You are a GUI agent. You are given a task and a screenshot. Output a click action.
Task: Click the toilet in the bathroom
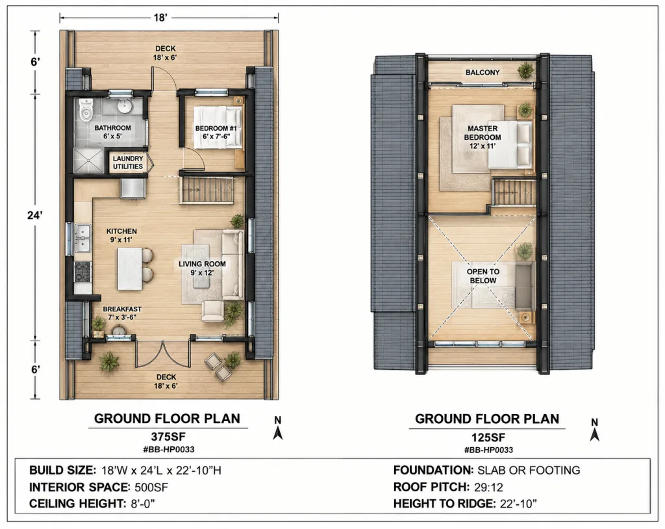coord(86,110)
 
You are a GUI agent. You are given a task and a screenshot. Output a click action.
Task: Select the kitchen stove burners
coord(82,272)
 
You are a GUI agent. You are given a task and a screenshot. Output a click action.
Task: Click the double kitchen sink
coord(82,239)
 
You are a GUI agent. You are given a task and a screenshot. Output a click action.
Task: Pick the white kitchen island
coord(129,269)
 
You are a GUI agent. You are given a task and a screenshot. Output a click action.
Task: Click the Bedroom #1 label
coord(216,132)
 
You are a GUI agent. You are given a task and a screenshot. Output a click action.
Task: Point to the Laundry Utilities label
coord(128,162)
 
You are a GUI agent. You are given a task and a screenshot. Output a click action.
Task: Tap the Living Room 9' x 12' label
coord(202,268)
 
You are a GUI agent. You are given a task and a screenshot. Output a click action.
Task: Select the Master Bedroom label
coord(483,136)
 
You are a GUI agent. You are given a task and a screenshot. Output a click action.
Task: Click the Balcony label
coord(483,73)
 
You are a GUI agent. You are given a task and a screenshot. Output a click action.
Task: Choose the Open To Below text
coord(483,276)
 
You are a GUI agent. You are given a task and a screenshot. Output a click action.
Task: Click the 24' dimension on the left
coord(35,215)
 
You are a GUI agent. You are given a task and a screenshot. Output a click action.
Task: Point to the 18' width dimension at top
coord(160,18)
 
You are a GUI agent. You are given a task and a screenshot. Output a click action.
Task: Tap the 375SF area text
coord(168,437)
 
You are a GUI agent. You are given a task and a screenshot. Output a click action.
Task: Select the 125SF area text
coord(488,437)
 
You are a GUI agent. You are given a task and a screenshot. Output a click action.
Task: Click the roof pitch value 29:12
coord(488,487)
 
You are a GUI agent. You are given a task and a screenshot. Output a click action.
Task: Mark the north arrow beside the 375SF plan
coord(278,428)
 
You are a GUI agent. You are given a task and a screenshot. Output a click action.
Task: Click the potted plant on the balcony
coord(525,70)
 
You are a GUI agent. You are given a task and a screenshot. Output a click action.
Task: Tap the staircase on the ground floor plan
coord(207,190)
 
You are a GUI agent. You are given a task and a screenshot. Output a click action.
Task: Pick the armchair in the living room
coord(212,311)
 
